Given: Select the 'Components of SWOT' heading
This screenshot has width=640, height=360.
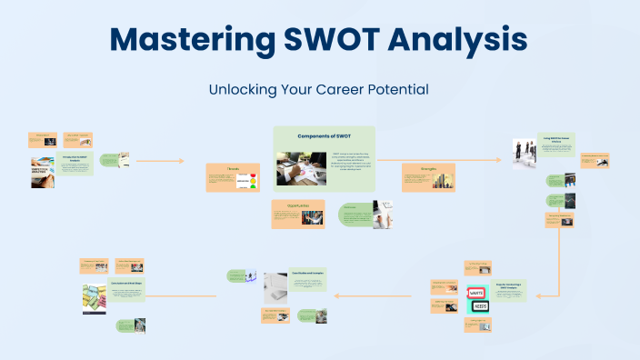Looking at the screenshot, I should [x=325, y=135].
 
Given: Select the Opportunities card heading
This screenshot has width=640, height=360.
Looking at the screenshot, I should [x=297, y=205].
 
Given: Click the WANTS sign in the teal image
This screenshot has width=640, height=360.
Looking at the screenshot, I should [x=478, y=294].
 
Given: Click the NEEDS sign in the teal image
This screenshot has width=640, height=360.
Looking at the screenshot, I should [x=478, y=307].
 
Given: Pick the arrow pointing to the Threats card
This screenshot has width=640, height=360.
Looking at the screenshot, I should [x=182, y=162].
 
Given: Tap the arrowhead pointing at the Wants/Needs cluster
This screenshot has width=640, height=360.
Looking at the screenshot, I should [x=539, y=295].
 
